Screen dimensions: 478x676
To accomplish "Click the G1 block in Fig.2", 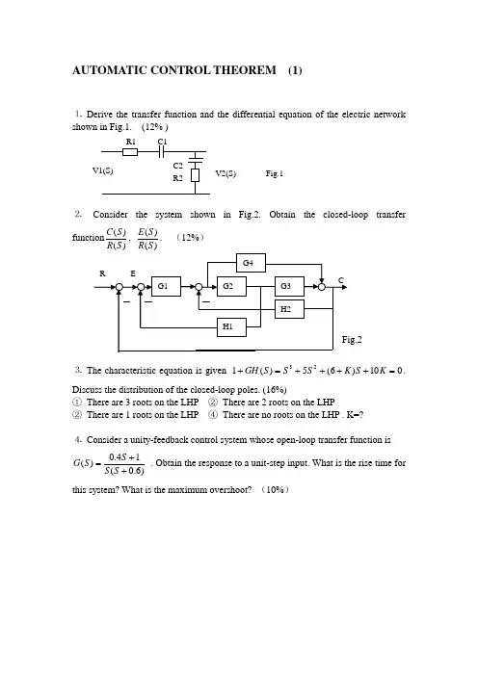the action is pos(166,286).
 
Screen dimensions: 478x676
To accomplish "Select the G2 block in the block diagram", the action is pos(231,286).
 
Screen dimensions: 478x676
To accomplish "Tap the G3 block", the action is pos(289,286).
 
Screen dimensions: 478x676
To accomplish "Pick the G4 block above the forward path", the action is pos(252,263).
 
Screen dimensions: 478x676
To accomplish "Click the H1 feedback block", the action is pos(231,327).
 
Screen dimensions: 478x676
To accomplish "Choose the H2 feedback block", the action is pos(289,309).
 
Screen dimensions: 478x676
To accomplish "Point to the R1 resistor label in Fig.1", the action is pos(131,142).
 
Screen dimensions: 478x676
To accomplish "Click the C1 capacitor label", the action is pos(162,142).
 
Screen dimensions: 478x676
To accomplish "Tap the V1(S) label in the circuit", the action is pos(103,170).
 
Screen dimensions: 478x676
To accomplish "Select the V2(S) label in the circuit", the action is pos(226,173).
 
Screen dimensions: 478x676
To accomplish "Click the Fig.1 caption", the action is pos(275,173).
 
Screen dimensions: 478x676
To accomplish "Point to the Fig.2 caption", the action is pos(352,340).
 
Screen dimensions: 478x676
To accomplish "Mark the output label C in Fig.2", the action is pos(341,280).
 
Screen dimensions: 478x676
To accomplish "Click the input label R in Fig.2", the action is pos(102,273).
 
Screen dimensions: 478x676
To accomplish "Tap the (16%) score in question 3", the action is pos(275,390).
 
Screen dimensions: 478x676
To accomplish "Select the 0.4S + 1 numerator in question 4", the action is pos(124,457).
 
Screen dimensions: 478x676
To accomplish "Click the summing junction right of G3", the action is pos(322,287).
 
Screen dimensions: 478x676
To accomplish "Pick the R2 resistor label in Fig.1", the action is pos(177,178).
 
